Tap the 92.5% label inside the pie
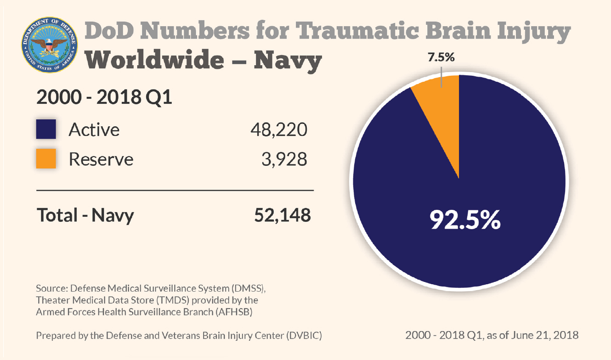click(465, 220)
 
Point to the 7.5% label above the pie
click(441, 58)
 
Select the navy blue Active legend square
click(46, 129)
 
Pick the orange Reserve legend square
click(46, 158)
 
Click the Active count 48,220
click(279, 130)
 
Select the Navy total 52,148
click(282, 215)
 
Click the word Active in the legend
click(94, 130)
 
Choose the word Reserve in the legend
click(101, 159)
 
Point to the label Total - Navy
click(85, 215)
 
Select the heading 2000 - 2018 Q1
click(104, 97)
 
